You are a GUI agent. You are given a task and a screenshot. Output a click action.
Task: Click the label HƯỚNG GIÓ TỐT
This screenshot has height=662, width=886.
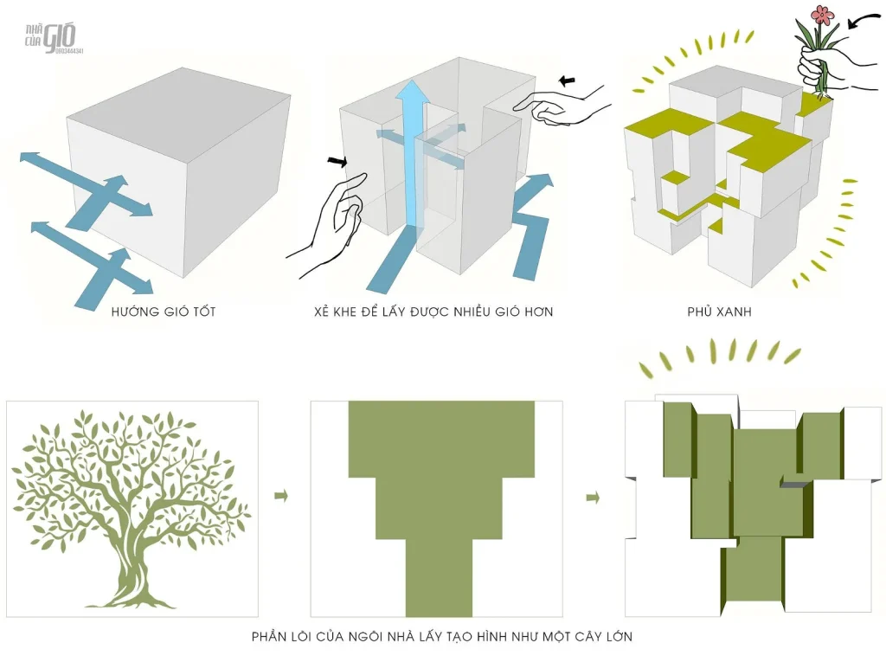point(164,312)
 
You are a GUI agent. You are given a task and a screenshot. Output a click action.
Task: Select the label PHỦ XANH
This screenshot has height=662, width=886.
point(719,311)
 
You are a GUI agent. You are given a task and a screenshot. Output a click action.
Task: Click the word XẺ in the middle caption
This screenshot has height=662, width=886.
point(322,312)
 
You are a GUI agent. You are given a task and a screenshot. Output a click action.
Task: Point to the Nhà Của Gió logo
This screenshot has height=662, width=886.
point(53,38)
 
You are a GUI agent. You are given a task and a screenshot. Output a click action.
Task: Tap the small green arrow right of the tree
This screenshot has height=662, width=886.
point(281,496)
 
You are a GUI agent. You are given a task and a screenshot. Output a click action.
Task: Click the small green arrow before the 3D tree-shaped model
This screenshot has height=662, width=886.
point(593,498)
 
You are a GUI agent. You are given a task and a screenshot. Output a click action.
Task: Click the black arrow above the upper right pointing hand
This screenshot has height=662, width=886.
point(567,80)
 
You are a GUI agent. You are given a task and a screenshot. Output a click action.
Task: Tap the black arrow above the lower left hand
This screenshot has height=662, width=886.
point(337,162)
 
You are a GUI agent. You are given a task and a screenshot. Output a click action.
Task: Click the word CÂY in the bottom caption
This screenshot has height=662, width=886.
point(588,636)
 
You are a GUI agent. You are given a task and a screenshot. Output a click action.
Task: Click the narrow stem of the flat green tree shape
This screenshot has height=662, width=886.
point(439,577)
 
